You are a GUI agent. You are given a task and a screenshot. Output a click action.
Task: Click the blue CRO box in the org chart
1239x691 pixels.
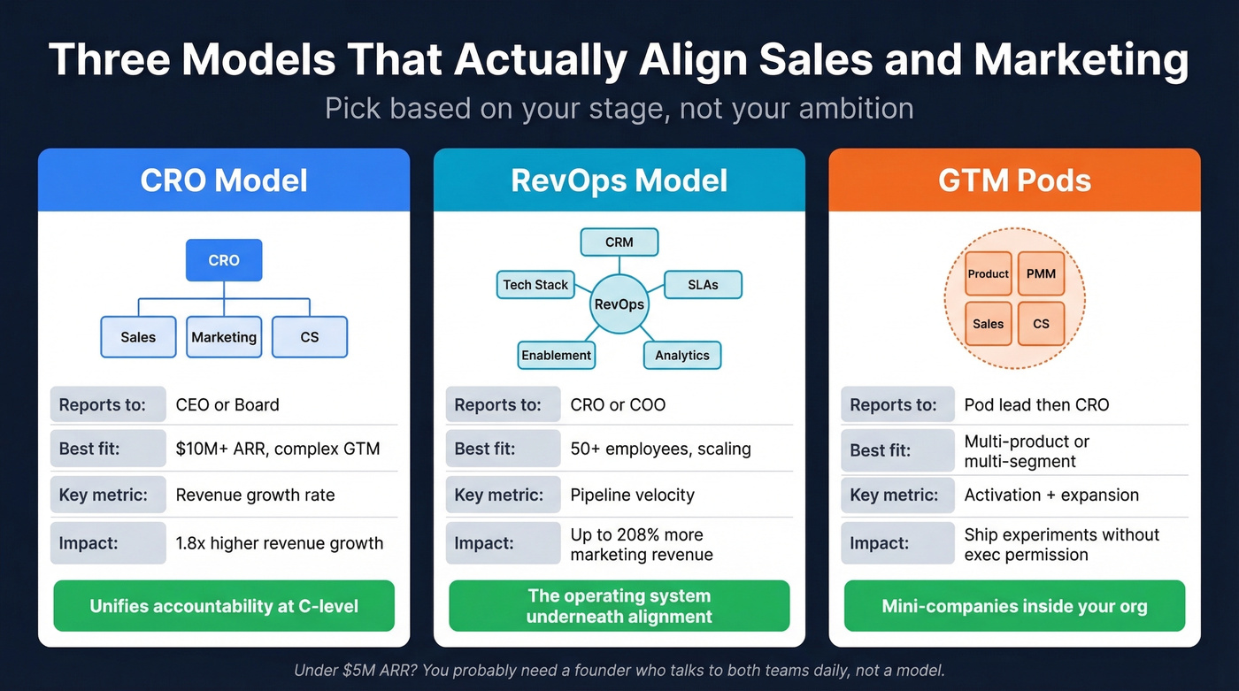click(224, 260)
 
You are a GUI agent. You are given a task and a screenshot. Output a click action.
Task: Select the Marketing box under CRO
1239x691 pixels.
click(224, 337)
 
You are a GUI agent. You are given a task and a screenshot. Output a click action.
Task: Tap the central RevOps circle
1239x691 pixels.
click(619, 303)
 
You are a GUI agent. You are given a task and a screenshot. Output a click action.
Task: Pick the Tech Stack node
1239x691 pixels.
click(535, 284)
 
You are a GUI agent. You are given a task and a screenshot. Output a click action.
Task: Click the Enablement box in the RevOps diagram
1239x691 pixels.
click(556, 355)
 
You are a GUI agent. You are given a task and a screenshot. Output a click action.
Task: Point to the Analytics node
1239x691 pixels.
click(681, 355)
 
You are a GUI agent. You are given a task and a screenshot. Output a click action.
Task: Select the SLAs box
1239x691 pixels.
click(703, 284)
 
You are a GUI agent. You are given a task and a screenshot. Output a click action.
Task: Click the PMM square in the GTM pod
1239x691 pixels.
click(1041, 273)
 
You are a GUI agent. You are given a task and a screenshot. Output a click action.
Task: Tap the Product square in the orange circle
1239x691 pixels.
click(988, 273)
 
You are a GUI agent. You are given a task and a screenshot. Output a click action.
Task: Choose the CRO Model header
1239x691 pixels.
click(224, 180)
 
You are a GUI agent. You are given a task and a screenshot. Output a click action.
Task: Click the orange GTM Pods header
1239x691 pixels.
click(1014, 180)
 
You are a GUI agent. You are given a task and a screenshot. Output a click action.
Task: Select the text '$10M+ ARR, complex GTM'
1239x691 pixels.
click(278, 449)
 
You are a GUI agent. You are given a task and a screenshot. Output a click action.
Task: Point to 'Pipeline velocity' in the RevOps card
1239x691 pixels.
click(632, 495)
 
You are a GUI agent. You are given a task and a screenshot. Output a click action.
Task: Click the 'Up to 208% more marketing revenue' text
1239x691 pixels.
click(641, 545)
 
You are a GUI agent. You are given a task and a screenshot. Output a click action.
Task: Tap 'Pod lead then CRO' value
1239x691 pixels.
click(1036, 405)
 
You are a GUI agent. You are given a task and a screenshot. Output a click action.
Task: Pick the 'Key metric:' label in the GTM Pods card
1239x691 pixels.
click(894, 495)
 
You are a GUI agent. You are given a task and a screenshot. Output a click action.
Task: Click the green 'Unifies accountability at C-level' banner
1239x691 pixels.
click(224, 606)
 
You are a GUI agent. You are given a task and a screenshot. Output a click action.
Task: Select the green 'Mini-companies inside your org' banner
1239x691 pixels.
click(1014, 606)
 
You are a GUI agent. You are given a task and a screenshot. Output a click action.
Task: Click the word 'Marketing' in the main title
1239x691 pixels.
click(1081, 59)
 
